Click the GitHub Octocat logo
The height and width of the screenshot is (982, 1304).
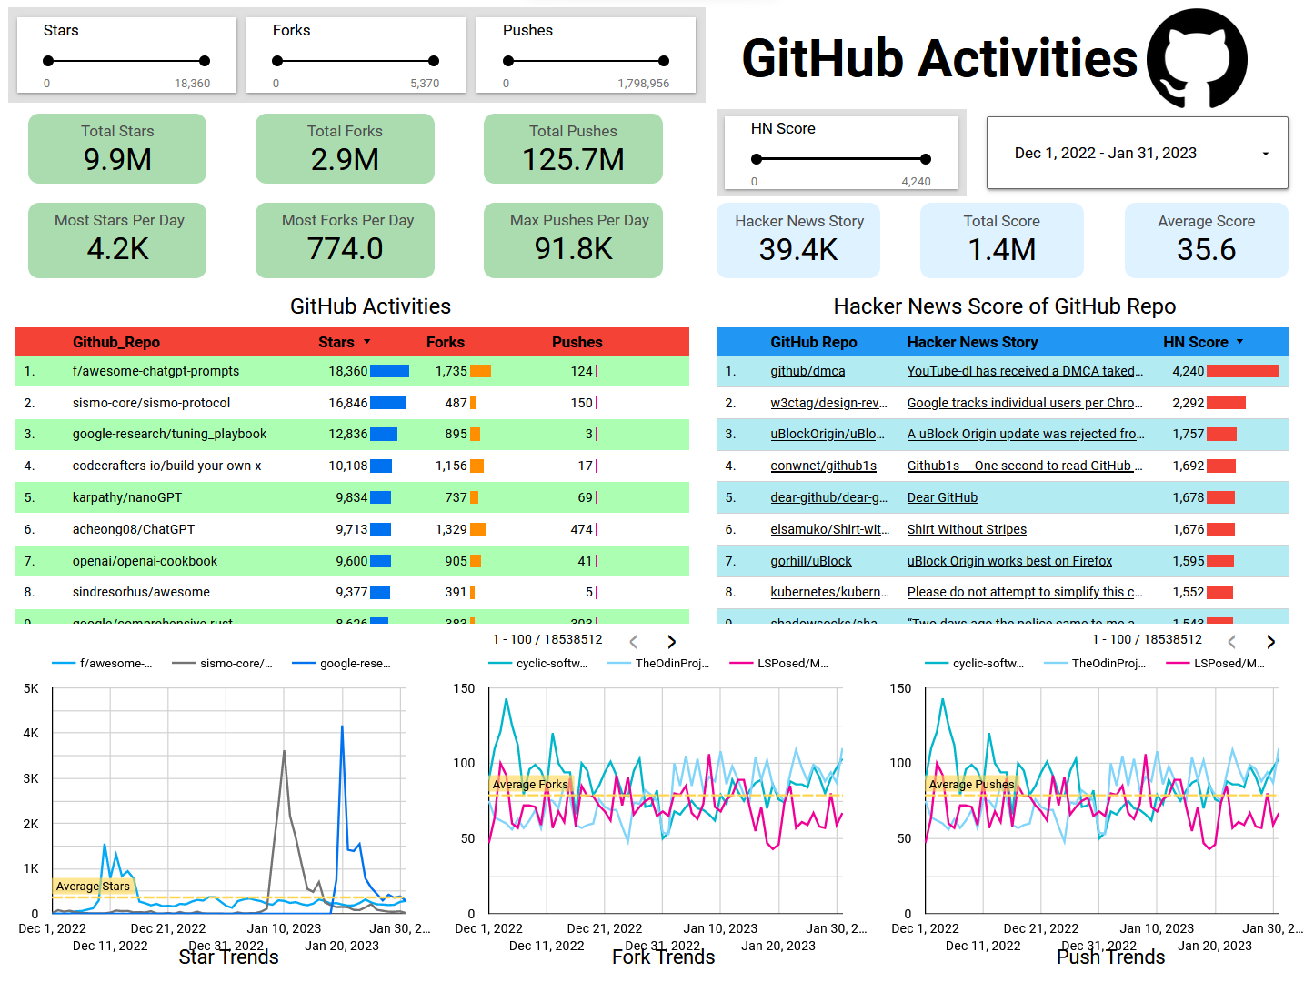click(x=1197, y=58)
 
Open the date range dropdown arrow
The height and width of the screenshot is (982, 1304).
click(x=1265, y=154)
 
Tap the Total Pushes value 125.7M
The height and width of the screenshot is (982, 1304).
click(x=573, y=160)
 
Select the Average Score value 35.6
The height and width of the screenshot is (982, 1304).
click(x=1206, y=250)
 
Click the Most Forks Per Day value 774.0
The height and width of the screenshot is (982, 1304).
click(x=345, y=249)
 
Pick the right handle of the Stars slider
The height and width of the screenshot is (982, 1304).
click(x=205, y=61)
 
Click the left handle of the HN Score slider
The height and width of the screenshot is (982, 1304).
click(x=756, y=159)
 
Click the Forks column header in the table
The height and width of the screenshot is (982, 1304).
click(x=445, y=342)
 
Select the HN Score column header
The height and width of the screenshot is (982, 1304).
click(x=1195, y=342)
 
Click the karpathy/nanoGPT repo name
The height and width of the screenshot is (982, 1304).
click(x=127, y=497)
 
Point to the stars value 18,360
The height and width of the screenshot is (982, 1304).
click(x=347, y=371)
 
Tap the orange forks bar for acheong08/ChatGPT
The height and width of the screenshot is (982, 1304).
click(x=477, y=529)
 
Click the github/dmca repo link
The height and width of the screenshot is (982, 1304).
click(x=807, y=371)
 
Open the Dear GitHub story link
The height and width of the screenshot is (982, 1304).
click(x=942, y=497)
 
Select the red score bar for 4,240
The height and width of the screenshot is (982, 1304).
click(x=1242, y=371)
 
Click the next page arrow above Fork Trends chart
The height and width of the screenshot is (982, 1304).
click(x=671, y=642)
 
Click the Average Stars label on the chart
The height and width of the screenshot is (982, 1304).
click(x=93, y=887)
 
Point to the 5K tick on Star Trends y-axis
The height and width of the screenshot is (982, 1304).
click(x=31, y=688)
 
